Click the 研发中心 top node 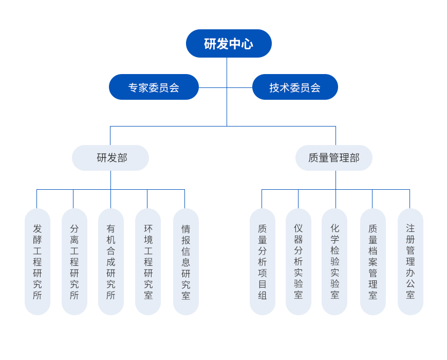pos(229,44)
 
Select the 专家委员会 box pos(154,87)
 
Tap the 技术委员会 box pos(295,87)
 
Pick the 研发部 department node pos(110,158)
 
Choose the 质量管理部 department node pos(334,158)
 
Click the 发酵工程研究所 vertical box pos(38,262)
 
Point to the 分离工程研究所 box pos(74,262)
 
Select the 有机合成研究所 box pos(111,262)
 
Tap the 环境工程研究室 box pos(148,262)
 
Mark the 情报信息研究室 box pos(186,262)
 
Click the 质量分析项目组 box pos(263,262)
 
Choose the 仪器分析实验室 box pos(299,262)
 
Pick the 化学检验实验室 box pos(334,262)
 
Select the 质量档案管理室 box pos(373,262)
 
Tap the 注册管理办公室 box pos(411,262)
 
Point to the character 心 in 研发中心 pos(247,44)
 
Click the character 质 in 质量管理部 pos(313,158)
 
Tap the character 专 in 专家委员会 pos(133,88)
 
